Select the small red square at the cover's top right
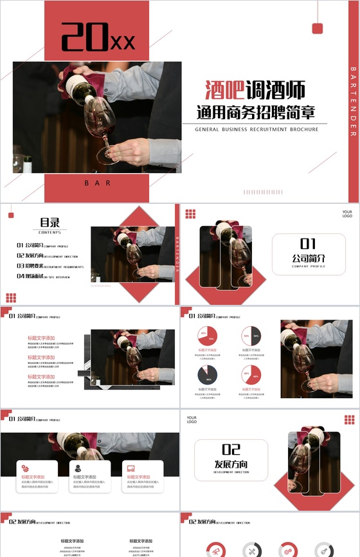point(317,28)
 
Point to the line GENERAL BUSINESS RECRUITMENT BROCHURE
point(256,130)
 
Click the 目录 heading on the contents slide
point(50,223)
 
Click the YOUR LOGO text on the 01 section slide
point(347,214)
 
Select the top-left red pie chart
point(208,336)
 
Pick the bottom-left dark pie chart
point(208,374)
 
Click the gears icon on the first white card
point(24,468)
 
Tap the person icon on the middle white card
point(78,468)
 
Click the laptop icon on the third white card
point(130,468)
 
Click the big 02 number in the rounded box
point(231,450)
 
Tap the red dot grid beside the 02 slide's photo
point(349,420)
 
